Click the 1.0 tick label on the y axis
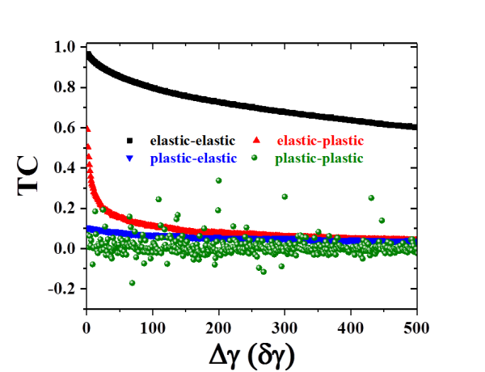64,47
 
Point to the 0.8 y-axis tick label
64,87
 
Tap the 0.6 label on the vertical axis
64,127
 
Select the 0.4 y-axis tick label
64,167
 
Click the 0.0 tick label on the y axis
64,247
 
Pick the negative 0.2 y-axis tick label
62,288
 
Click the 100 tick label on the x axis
152,328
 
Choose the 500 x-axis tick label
415,328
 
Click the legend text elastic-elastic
192,140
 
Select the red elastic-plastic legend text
321,140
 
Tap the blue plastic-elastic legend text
192,158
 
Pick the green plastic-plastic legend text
319,158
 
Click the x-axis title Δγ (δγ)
250,353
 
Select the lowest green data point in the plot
132,282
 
